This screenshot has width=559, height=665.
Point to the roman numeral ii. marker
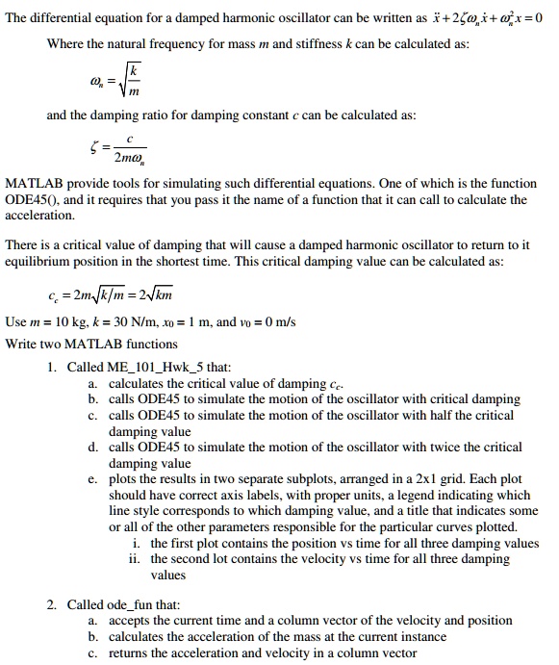click(x=135, y=559)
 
